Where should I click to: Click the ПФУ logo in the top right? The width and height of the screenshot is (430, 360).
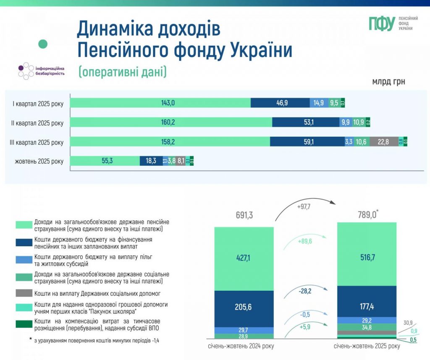(390, 23)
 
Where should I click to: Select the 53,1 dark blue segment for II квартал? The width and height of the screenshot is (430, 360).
(305, 123)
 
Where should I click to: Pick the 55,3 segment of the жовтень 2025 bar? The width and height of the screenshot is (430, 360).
(105, 161)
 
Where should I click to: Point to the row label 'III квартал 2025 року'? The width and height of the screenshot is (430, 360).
(37, 142)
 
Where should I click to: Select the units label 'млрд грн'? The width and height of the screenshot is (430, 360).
(388, 81)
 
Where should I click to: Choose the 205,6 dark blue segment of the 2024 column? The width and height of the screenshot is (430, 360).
(244, 307)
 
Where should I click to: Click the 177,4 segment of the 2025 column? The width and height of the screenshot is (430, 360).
(367, 306)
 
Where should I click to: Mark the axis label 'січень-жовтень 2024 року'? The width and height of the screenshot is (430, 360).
(244, 347)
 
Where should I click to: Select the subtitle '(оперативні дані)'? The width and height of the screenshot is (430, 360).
(122, 72)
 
